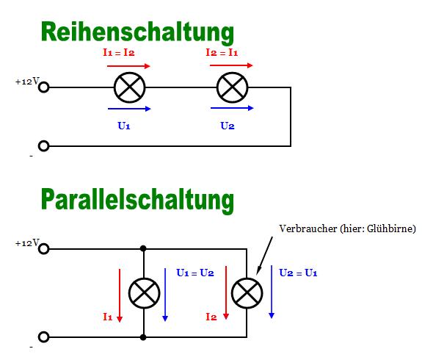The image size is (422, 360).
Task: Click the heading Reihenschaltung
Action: point(137,32)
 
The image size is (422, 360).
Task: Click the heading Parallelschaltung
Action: point(137,201)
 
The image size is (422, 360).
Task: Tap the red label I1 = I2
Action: point(119,52)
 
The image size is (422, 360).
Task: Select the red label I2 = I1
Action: point(222,52)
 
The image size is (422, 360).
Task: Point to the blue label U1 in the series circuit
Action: point(124,126)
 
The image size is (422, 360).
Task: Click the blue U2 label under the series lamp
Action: point(228,126)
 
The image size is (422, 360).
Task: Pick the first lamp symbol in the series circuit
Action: point(129,87)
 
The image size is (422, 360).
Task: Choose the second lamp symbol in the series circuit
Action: point(232,87)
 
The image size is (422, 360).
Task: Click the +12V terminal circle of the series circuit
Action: point(43,87)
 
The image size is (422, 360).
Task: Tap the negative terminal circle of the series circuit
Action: point(43,146)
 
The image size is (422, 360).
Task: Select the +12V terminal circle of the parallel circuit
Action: point(43,249)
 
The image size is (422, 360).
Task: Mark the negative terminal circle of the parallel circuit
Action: point(43,337)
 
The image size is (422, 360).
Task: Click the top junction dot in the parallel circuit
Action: point(143,248)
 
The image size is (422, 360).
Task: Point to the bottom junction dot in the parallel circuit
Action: point(143,337)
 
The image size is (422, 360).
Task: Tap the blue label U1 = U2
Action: point(195,273)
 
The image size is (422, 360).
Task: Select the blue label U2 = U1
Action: point(298,273)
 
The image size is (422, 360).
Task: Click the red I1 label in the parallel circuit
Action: point(108,317)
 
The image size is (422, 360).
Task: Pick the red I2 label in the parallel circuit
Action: point(211,317)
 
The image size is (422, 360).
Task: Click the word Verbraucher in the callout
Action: point(308,228)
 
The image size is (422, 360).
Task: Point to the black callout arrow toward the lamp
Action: point(264,256)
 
